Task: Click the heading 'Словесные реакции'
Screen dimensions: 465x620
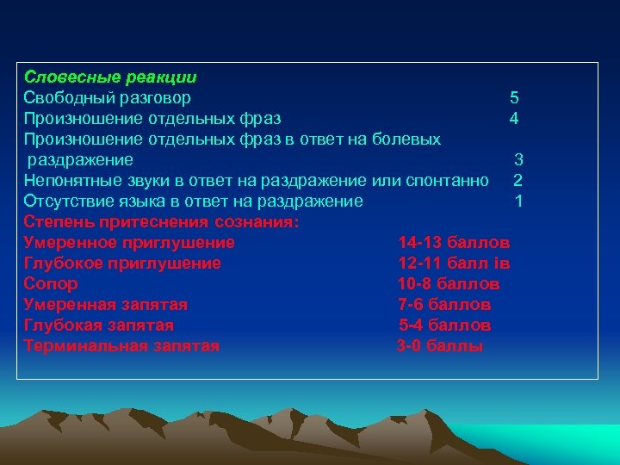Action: [109, 77]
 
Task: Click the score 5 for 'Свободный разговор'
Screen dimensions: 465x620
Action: [514, 97]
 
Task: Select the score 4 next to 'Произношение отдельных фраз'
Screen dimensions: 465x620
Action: [513, 118]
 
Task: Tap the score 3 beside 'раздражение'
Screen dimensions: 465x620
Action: [518, 159]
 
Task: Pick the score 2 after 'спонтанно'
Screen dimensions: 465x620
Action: [518, 180]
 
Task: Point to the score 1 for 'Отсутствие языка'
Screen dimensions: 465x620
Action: [518, 201]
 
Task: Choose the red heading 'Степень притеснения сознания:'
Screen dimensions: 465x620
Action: [162, 221]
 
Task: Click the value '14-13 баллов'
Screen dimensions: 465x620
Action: [454, 242]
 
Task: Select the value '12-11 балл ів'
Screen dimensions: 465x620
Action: [454, 263]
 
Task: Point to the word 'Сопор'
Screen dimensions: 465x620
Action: [51, 283]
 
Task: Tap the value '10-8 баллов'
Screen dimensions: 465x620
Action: [449, 283]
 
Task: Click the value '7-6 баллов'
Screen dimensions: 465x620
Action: [444, 304]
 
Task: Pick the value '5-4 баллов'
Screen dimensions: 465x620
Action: [445, 325]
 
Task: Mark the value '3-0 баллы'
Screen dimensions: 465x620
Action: [440, 346]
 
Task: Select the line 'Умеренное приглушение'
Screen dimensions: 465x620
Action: [129, 242]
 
